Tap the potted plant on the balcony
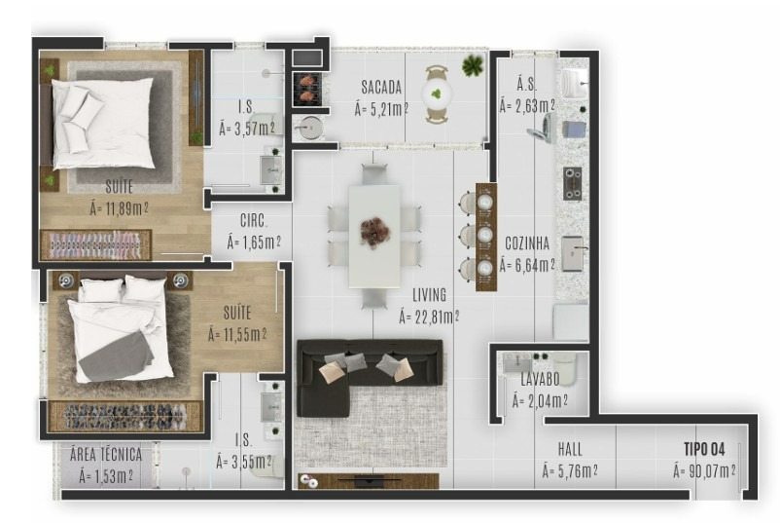coord(473,66)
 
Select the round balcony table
coord(437,93)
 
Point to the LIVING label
coord(428,294)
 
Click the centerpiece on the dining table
coord(374,232)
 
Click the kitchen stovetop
coord(572,182)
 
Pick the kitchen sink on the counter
coord(572,252)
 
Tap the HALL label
coord(570,449)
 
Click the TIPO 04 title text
coord(704,449)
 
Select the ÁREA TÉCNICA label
coord(106,454)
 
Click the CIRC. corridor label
coord(253,220)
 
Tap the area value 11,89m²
coord(119,206)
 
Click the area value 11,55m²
coord(237,333)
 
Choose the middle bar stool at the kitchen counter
coord(483,235)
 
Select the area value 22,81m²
coord(429,315)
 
